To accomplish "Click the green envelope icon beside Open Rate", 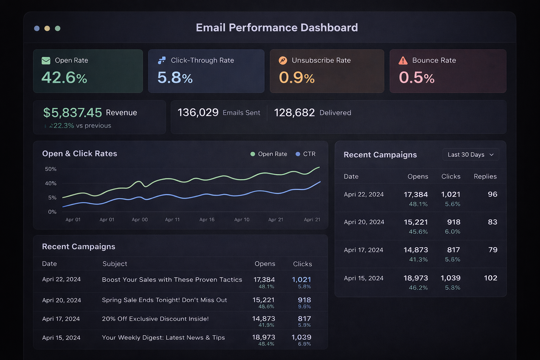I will [46, 60].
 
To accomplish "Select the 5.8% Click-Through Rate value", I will [175, 78].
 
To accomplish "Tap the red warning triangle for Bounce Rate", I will [403, 60].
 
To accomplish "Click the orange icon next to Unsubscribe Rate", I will [283, 60].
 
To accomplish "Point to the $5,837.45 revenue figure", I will [72, 112].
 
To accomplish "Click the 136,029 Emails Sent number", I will [198, 112].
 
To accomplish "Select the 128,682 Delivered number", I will [294, 112].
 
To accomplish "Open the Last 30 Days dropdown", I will [470, 155].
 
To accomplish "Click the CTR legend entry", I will [306, 154].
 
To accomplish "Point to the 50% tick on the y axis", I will [51, 169].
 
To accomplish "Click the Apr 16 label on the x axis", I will [207, 220].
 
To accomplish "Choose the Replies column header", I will [485, 176].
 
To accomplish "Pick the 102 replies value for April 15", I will [490, 278].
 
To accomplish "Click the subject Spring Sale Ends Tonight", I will [164, 300].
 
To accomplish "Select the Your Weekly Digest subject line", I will [163, 337].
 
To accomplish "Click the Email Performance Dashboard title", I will [277, 27].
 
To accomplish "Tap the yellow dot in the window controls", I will [47, 28].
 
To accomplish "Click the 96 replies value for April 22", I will [492, 194].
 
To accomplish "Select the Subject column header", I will [115, 264].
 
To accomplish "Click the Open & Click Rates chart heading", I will [79, 154].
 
